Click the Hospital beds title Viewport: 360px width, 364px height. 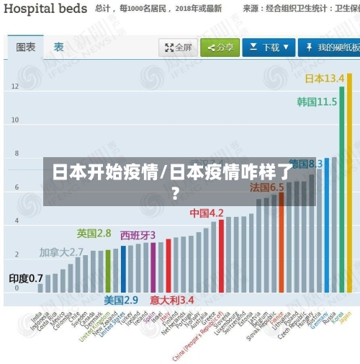coord(45,9)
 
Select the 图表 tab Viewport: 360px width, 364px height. coord(25,47)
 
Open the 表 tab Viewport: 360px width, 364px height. coord(58,47)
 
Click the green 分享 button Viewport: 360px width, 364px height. coord(220,48)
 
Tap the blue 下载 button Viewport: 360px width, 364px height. coord(268,48)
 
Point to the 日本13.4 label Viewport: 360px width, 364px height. coord(325,78)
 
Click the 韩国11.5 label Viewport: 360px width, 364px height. coord(317,102)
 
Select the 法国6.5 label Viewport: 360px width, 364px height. coord(266,187)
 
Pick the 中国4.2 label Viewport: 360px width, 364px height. coord(207,213)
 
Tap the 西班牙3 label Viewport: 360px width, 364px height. coord(138,235)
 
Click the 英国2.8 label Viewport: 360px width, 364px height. coord(94,233)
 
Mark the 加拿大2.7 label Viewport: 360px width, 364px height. coord(61,252)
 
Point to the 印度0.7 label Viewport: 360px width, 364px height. coord(26,278)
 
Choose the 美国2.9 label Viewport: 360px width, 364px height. coord(121,299)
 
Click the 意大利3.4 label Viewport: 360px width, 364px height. coord(172,299)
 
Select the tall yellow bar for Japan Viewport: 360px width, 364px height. coord(349,180)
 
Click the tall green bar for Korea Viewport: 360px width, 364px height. coord(342,187)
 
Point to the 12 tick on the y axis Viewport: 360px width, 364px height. coord(15,86)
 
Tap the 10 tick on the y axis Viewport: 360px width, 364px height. coord(15,120)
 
